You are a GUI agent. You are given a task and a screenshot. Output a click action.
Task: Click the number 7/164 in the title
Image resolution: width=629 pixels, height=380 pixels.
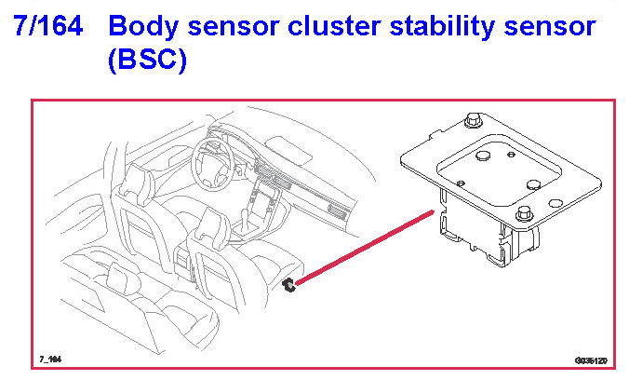(48, 27)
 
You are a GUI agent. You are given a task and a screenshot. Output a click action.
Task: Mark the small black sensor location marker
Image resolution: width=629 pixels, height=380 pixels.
(289, 285)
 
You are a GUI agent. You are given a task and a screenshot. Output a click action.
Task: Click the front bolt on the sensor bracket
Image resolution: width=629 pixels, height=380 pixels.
(524, 210)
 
